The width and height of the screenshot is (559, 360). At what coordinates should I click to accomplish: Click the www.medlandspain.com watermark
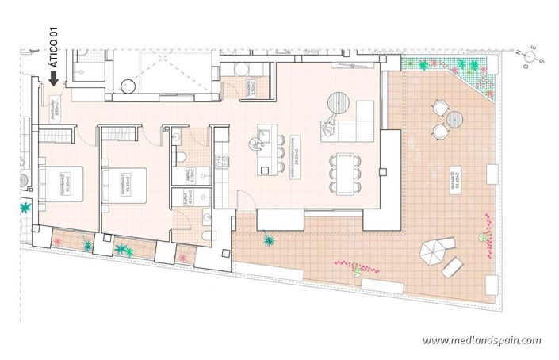481,340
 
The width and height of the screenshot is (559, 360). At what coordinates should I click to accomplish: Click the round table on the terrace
454,118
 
